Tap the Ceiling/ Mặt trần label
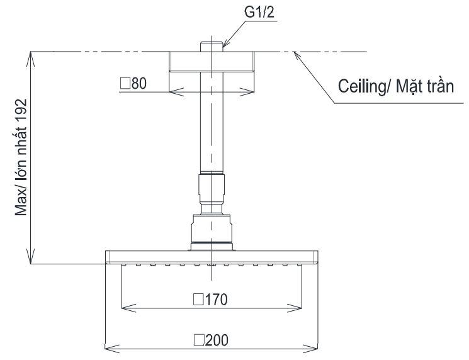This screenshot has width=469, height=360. pyautogui.click(x=396, y=86)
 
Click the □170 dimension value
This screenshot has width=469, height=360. pyautogui.click(x=211, y=300)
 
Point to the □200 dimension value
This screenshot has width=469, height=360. pyautogui.click(x=212, y=340)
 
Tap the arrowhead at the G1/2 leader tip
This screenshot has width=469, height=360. pyautogui.click(x=224, y=46)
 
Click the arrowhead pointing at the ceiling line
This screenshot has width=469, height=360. pyautogui.click(x=294, y=55)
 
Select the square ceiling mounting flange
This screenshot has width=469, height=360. pyautogui.click(x=212, y=62)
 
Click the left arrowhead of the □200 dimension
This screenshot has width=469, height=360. pyautogui.click(x=108, y=347)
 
